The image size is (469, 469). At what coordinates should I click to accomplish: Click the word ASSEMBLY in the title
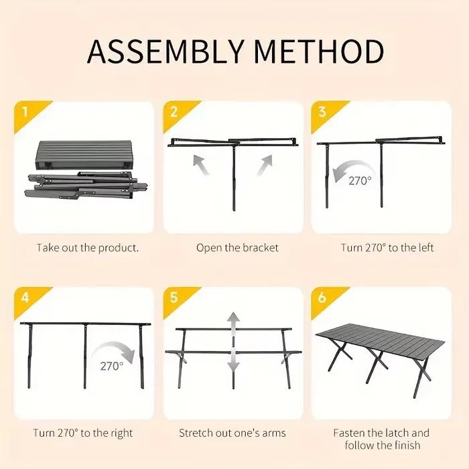pos(165,51)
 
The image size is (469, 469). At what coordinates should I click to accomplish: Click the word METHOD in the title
pos(319,51)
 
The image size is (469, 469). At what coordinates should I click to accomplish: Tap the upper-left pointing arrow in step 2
pos(201,165)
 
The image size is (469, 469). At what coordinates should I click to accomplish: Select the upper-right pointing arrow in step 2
pos(265,165)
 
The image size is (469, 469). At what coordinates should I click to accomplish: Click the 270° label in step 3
pos(360,181)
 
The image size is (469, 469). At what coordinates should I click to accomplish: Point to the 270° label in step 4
pos(112,366)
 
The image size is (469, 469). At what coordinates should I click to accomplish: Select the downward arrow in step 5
pos(233,362)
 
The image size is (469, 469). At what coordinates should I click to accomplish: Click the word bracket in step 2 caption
pos(261,248)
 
